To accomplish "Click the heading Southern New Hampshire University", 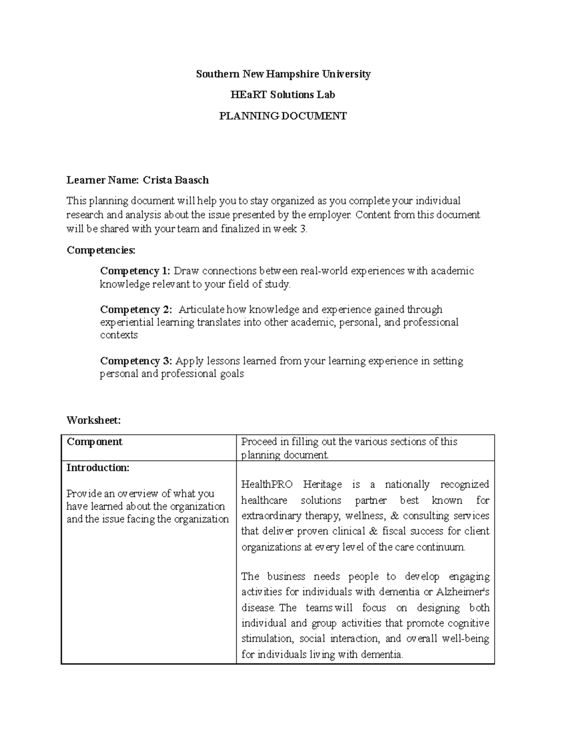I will point(283,74).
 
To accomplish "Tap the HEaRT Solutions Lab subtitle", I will point(283,95).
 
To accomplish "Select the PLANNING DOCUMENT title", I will point(283,116).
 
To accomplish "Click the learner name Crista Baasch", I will point(176,180).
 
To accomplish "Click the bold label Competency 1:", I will point(135,271).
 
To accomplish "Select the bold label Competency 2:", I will point(136,310).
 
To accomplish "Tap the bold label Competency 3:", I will point(136,361).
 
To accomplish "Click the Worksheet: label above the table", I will point(94,420).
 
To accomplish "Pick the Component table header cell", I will point(94,442).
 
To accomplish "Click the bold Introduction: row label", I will point(97,468).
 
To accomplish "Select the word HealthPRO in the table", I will point(266,484).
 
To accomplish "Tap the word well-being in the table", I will point(465,639).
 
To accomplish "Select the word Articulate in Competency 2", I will point(202,310).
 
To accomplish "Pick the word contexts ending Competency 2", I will point(119,335).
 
